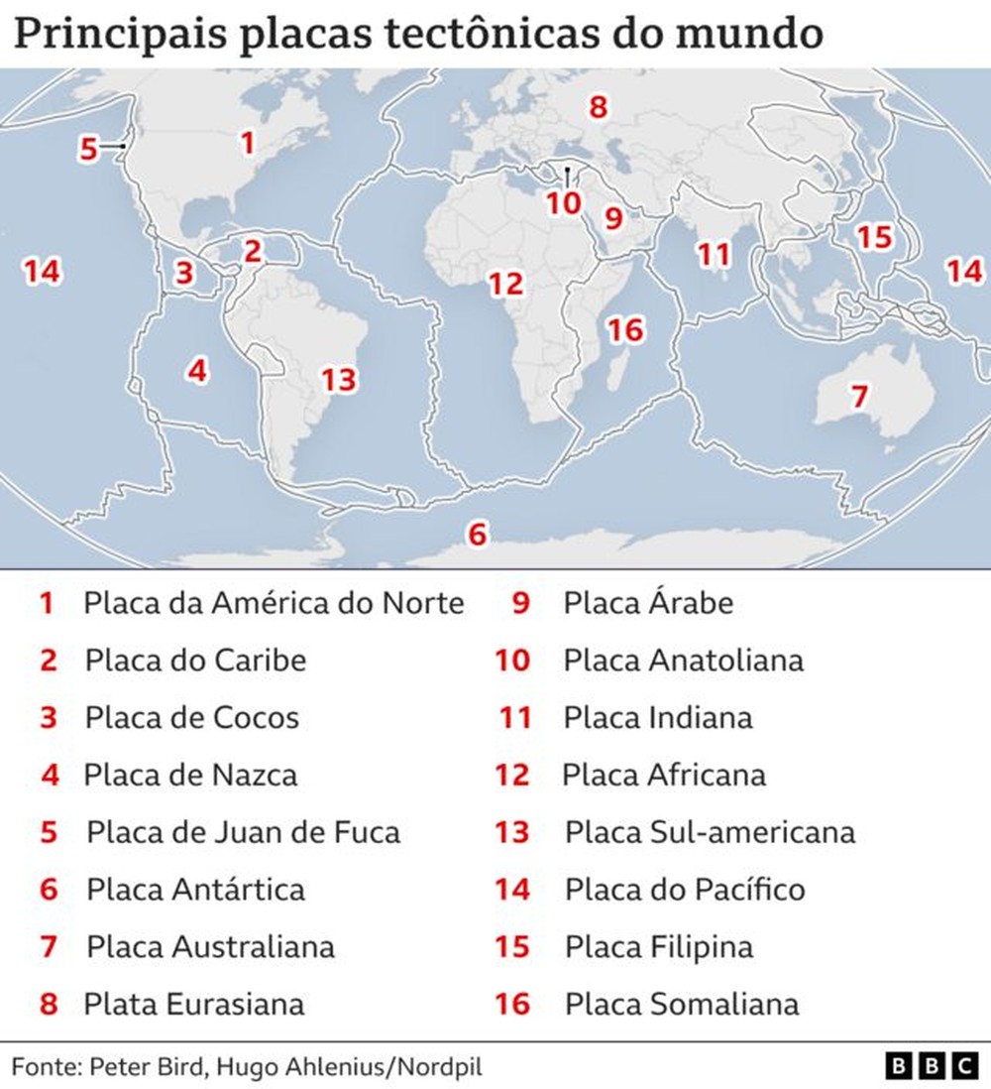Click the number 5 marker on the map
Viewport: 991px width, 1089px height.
coord(88,149)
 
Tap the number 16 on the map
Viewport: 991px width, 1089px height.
coord(625,329)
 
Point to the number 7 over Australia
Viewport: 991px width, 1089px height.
coord(858,397)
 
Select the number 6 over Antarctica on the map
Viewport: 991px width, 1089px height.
coord(478,535)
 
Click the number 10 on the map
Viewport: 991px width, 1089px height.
coord(563,203)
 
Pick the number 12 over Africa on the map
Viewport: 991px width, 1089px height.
coord(504,284)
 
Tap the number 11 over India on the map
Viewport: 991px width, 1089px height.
coord(713,255)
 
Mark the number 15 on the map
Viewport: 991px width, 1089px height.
coord(874,238)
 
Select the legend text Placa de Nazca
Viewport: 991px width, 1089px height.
coord(190,774)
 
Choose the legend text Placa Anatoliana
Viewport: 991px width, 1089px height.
coord(683,660)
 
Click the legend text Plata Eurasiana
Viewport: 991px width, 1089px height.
coord(193,1004)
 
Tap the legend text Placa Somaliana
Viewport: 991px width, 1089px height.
coord(681,1004)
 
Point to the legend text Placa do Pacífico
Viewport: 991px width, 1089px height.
coord(685,889)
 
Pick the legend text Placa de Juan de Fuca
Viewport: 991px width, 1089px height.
coord(243,831)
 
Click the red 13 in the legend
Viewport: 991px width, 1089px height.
coord(512,831)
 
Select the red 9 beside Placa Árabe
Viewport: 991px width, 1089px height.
coord(521,602)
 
